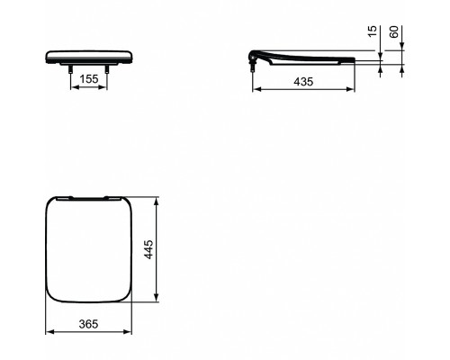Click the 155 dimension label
point(88,79)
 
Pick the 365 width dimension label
point(87,323)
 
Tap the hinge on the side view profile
point(254,60)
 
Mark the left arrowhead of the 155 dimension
point(73,88)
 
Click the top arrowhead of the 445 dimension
point(158,195)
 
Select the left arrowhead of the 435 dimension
point(252,89)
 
